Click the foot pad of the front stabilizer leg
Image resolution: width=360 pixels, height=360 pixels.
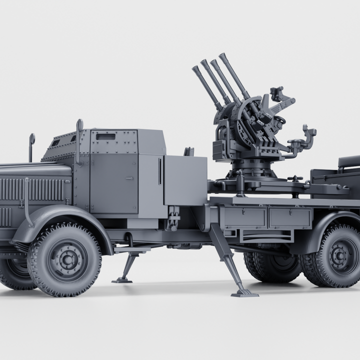tap(122, 280)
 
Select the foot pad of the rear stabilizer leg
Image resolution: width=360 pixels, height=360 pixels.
tap(244, 293)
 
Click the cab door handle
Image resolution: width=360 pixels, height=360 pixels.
tap(130, 178)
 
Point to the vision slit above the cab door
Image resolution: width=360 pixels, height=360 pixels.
tap(105, 136)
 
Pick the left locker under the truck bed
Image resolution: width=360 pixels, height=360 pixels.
tap(244, 218)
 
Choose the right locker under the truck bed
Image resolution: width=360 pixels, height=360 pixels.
tap(290, 218)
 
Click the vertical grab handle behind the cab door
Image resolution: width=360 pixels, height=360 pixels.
tap(160, 171)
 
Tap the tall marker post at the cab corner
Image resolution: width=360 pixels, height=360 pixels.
tap(79, 140)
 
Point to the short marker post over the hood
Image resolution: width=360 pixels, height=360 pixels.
tap(31, 146)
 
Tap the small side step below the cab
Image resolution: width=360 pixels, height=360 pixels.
tap(131, 248)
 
